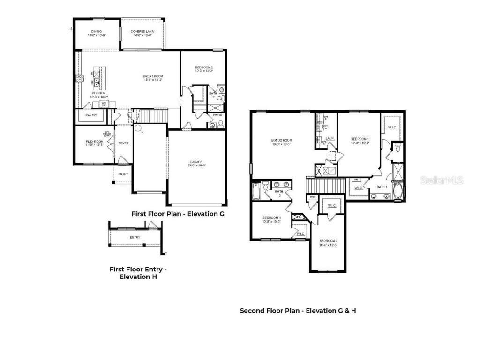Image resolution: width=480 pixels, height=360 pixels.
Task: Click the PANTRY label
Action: click(91, 115)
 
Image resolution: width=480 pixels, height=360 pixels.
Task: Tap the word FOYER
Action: click(123, 143)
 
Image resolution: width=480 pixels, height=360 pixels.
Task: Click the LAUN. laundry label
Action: click(330, 138)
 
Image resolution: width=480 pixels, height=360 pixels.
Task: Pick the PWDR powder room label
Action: click(217, 114)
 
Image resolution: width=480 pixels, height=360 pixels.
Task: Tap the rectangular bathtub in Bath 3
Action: click(255, 191)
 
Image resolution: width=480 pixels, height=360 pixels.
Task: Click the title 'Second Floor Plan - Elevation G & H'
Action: click(298, 310)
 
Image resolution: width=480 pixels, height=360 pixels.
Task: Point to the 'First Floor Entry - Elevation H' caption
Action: click(138, 273)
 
